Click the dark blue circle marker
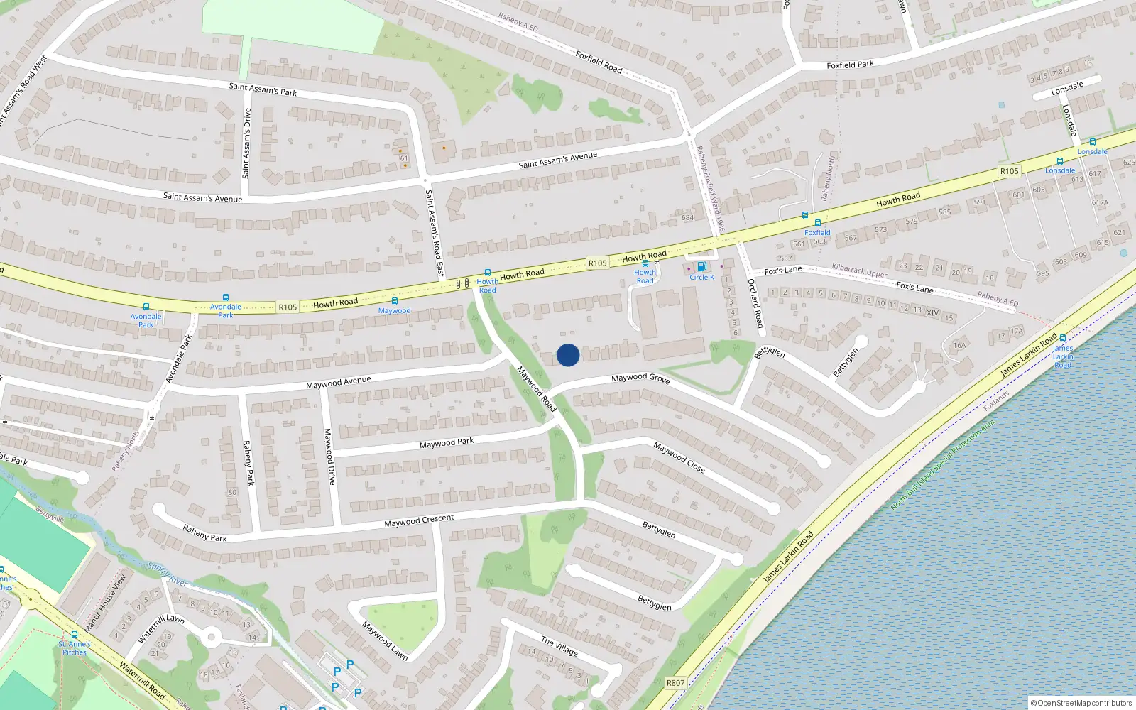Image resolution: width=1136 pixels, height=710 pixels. click(x=568, y=355)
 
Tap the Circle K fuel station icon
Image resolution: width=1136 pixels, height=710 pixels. click(x=701, y=268)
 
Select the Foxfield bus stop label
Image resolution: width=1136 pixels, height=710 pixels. click(x=817, y=232)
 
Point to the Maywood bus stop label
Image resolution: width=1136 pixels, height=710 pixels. click(x=394, y=310)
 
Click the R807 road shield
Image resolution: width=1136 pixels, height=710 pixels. click(x=675, y=683)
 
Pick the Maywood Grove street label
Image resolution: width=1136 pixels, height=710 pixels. click(x=640, y=378)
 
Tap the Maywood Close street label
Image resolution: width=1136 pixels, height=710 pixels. click(x=679, y=457)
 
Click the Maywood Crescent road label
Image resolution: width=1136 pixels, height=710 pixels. click(x=419, y=520)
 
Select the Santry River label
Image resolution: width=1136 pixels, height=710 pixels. click(x=168, y=573)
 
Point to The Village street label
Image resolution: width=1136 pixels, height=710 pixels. click(x=559, y=646)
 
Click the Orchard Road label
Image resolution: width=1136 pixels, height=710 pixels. click(x=755, y=303)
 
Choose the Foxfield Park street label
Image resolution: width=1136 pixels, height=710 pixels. click(x=850, y=65)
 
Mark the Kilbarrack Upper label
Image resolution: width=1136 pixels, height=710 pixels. click(x=859, y=271)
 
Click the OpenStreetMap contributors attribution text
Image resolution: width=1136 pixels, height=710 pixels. click(x=1081, y=703)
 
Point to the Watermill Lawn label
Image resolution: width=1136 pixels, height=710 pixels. click(x=161, y=628)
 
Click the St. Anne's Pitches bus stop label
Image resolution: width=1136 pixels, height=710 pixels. click(x=75, y=648)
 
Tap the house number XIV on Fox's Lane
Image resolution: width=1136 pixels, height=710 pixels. click(x=932, y=313)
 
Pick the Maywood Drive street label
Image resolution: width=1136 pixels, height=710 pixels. click(x=329, y=457)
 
